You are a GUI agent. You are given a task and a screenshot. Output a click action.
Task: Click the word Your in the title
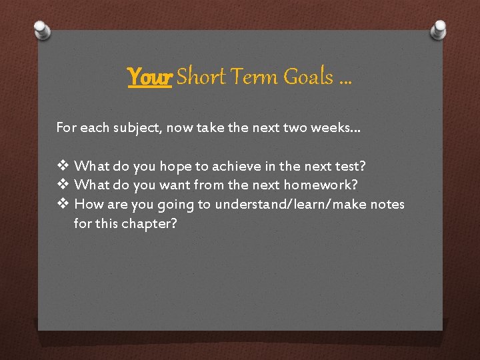click(150, 77)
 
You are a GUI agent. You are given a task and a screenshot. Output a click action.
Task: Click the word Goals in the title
click(308, 77)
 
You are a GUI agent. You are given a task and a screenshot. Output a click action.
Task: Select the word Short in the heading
click(201, 77)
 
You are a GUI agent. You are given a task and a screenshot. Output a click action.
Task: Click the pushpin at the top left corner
click(41, 29)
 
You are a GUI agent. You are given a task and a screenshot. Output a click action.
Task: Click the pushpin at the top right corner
click(439, 29)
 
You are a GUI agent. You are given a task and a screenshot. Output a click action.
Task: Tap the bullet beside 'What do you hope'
click(63, 165)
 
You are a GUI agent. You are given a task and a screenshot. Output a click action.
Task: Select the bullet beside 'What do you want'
click(63, 185)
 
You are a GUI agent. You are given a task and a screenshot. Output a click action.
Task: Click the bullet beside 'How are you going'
click(63, 204)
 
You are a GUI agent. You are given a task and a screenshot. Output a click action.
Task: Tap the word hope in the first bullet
click(175, 165)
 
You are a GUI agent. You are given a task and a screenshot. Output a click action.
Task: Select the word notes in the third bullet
click(388, 204)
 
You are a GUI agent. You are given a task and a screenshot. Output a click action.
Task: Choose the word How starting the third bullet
click(87, 204)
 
